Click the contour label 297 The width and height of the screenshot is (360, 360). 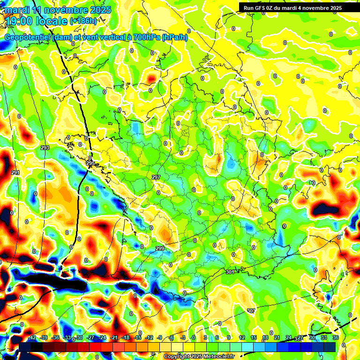156,177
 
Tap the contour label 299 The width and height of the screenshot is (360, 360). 160,248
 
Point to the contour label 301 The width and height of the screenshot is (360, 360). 230,272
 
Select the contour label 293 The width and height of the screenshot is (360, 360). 45,148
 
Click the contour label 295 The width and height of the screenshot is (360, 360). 90,164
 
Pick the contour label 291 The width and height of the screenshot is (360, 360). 15,173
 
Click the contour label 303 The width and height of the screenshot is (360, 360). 251,311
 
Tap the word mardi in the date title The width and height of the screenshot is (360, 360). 17,10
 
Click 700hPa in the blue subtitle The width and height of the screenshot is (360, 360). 145,37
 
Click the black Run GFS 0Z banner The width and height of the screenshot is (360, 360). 292,8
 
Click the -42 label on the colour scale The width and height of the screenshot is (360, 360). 31,337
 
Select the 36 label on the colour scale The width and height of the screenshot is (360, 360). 336,337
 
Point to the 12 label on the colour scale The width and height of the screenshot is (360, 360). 242,337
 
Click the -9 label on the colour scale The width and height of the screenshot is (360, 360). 159,337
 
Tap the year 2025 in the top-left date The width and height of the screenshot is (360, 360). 100,10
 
